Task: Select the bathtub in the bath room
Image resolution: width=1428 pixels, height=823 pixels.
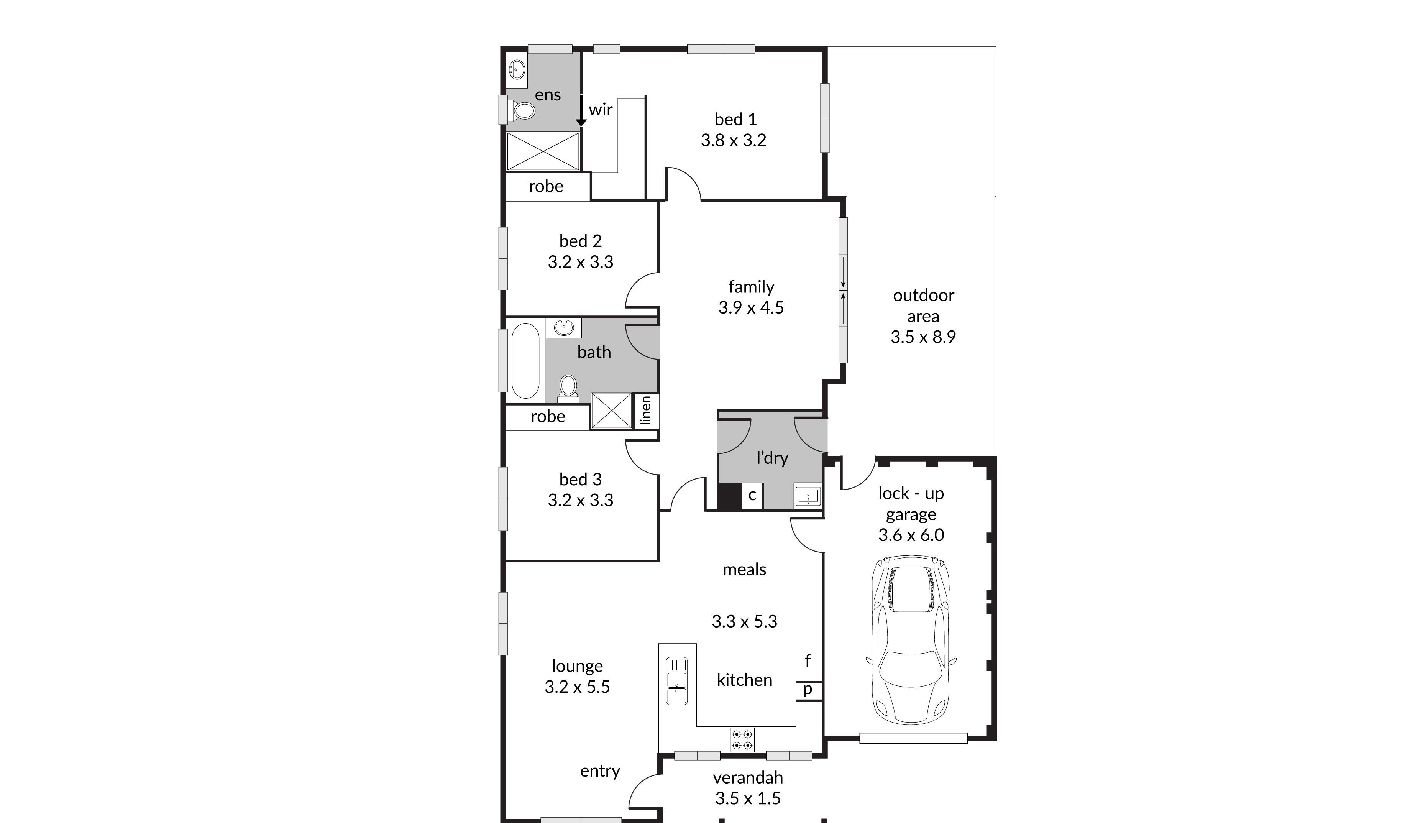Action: (525, 361)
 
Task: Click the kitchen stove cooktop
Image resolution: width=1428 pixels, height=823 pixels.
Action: (742, 740)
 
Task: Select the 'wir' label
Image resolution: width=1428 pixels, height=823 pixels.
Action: (600, 110)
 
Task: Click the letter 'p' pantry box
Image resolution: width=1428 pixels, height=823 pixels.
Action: (808, 690)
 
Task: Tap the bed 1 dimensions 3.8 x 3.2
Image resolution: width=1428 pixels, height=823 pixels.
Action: (734, 140)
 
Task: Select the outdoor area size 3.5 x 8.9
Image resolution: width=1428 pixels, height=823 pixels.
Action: (923, 337)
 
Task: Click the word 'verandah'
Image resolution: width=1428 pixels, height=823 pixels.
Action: (748, 778)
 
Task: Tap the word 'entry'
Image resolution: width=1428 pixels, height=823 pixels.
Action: (599, 771)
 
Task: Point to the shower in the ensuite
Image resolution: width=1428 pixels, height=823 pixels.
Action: (543, 151)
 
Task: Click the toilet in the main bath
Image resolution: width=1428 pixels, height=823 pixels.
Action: (568, 388)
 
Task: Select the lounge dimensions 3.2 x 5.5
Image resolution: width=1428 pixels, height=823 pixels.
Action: (577, 687)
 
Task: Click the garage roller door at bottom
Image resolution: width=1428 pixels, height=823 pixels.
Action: (913, 738)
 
